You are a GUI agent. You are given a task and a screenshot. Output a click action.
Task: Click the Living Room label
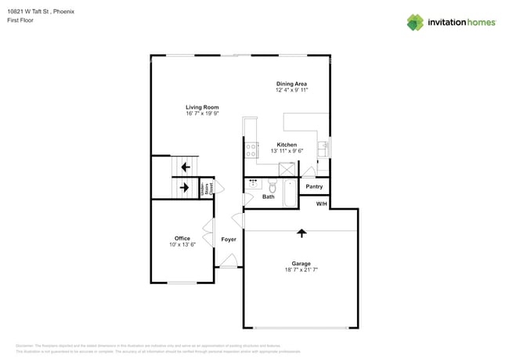point(201,107)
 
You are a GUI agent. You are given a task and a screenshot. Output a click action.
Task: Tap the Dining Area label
point(291,84)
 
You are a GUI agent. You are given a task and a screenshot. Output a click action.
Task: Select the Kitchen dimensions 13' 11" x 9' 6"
point(287,151)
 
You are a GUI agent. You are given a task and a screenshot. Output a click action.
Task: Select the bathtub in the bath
point(289,193)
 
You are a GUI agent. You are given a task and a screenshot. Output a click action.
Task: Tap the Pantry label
point(314,187)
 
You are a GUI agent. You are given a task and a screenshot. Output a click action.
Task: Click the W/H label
point(321,204)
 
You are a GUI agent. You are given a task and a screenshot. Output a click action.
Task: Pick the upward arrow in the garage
point(301,232)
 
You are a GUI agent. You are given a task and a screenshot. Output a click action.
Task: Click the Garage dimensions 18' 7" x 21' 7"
point(301,269)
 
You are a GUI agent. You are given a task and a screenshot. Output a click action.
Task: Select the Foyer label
point(229,239)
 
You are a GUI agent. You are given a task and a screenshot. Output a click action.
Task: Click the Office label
point(182,239)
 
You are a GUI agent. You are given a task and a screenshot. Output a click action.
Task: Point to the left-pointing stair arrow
point(185,167)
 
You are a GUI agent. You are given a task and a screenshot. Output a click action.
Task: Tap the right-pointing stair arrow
point(185,188)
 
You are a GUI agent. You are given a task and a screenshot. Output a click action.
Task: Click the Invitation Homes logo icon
point(415,22)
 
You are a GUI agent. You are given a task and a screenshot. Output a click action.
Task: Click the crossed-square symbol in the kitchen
point(287,168)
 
